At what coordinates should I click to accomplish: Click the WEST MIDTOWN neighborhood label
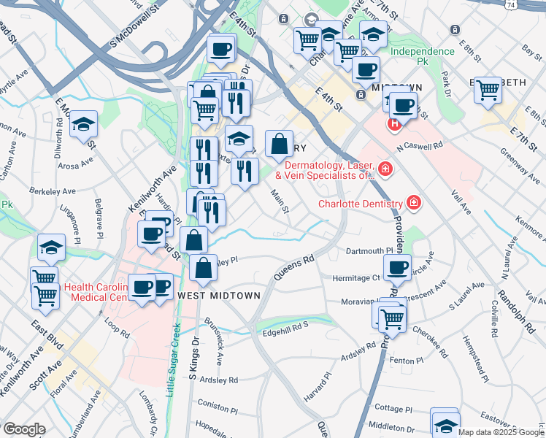coord(219,295)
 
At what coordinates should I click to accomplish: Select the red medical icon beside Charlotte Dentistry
coord(414,203)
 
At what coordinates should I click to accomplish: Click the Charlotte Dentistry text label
coord(360,204)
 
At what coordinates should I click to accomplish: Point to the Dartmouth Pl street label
coord(369,250)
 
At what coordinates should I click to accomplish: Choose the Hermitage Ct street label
coord(357,277)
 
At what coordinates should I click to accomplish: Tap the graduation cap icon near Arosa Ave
coord(84,124)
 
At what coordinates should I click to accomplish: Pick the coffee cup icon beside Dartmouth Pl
coord(397,267)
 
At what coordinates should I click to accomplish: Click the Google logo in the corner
coord(24,429)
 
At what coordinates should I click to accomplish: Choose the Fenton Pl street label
coord(407,361)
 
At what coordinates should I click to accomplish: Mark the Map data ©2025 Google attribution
coord(501,432)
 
